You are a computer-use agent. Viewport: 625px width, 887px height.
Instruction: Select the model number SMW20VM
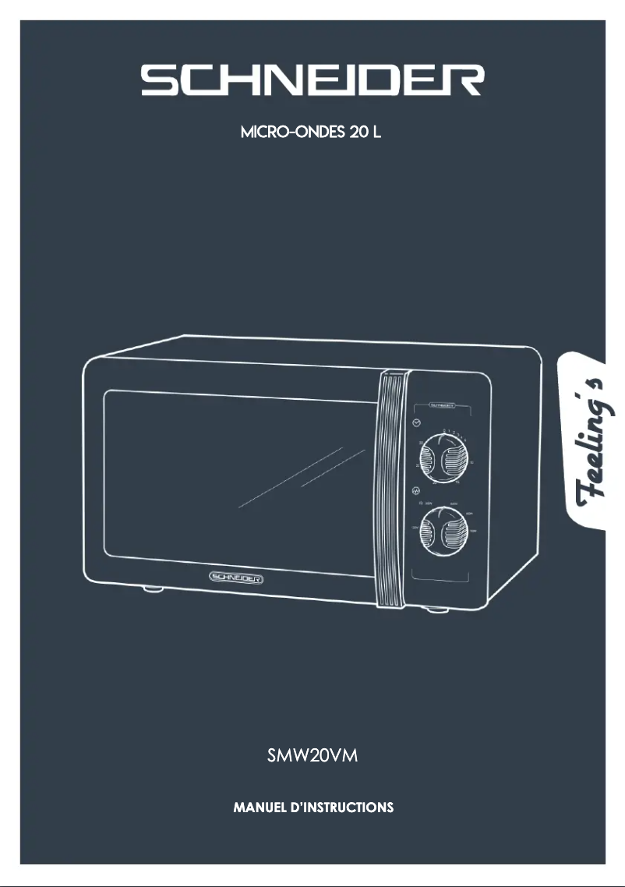(312, 755)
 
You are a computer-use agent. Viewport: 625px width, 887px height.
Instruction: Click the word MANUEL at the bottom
(262, 807)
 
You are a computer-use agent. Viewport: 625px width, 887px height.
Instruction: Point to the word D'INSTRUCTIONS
(343, 807)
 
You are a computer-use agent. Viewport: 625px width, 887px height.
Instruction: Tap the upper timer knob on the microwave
(442, 462)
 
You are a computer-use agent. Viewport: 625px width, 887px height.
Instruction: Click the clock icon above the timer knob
(416, 422)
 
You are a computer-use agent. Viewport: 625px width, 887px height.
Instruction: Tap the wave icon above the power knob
(416, 491)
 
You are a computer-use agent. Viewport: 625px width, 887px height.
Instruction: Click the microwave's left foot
(153, 590)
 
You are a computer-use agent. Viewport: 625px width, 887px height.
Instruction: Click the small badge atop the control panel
(440, 406)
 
